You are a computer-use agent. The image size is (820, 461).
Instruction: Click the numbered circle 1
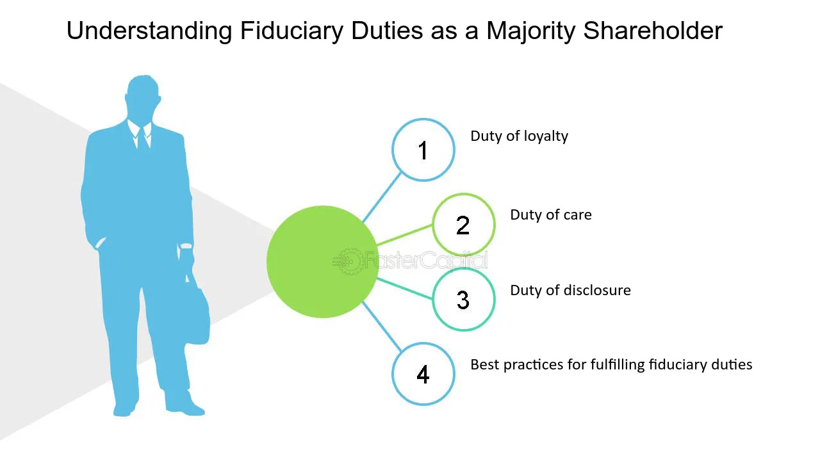[423, 150]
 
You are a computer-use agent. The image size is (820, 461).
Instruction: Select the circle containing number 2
[463, 225]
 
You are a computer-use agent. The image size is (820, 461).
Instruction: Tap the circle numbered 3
[463, 299]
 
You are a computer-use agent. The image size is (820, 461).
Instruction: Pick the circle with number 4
[423, 374]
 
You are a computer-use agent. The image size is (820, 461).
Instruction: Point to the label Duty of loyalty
[519, 136]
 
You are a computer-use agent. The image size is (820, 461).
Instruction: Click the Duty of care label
[550, 215]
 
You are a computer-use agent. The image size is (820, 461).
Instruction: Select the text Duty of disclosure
[570, 290]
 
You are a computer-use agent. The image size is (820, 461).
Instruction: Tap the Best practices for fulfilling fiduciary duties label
[611, 365]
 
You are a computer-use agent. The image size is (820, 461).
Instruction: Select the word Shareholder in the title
[653, 31]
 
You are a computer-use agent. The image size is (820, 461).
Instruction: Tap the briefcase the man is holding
[197, 314]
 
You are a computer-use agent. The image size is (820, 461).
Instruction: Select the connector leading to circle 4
[382, 327]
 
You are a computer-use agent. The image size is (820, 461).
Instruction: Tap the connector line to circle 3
[405, 289]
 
